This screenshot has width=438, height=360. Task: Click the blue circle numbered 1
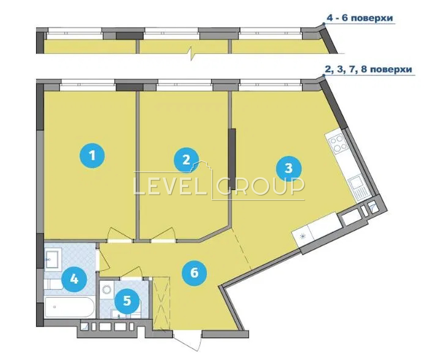tap(92, 156)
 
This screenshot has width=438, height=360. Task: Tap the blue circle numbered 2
tap(186, 160)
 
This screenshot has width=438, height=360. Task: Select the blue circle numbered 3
tap(288, 169)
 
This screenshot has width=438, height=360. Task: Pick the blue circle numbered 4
tap(74, 279)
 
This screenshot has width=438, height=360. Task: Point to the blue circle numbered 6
tap(194, 273)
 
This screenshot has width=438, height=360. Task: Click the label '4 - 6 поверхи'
tap(360, 18)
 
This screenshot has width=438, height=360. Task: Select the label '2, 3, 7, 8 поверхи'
tap(368, 69)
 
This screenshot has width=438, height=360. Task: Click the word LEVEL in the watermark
tap(170, 186)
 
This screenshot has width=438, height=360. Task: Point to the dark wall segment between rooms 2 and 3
tap(232, 159)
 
